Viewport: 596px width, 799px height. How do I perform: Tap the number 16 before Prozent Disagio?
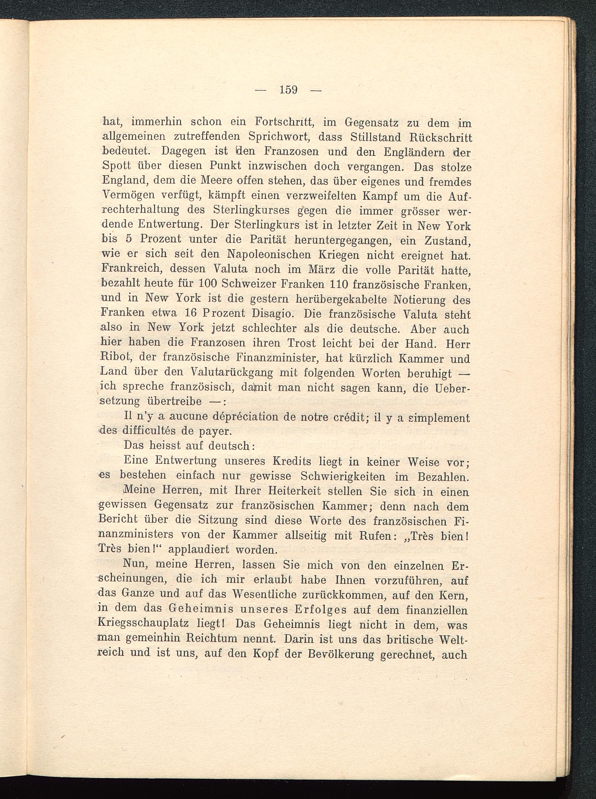(x=190, y=313)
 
